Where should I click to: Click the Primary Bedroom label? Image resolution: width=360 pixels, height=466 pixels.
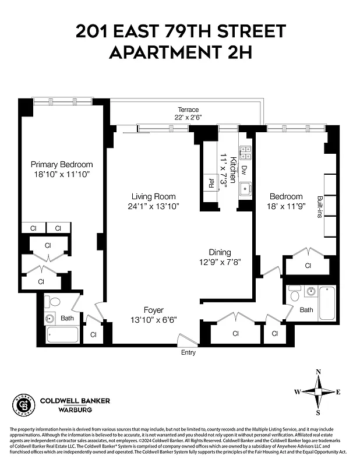62,164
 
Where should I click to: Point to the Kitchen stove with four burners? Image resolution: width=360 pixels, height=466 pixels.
246,153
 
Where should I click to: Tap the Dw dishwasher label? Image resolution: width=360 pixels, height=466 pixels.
244,170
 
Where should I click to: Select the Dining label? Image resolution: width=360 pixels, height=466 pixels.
220,252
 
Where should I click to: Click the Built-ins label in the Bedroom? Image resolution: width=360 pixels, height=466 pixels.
319,206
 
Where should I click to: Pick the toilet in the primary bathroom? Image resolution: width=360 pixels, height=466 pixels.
54,302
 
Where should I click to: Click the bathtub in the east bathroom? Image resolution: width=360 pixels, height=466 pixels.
328,302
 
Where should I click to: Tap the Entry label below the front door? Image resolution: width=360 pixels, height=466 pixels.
188,352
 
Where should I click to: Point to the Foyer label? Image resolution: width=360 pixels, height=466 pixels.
154,310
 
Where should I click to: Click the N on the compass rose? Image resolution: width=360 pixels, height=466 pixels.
318,372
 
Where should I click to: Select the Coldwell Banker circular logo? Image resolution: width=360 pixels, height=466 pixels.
22,404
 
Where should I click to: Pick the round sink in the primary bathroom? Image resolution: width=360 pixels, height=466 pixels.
50,318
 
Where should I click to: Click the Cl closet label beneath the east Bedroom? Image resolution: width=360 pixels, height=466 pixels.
308,266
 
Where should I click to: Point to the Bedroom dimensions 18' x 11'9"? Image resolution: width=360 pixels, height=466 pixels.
286,206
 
